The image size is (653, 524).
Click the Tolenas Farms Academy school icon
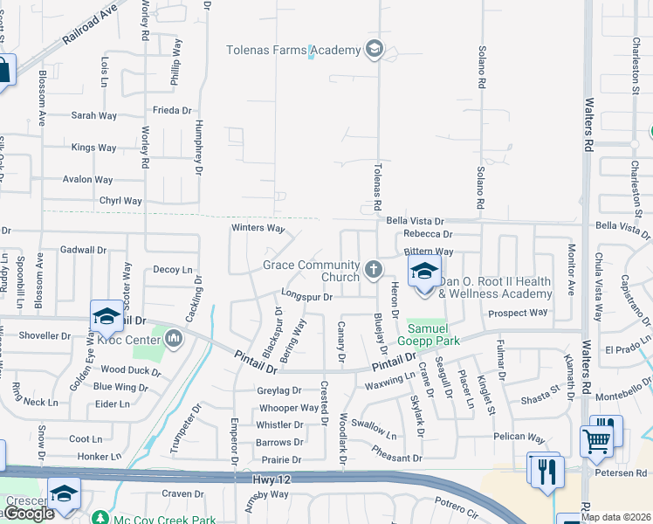coord(375,49)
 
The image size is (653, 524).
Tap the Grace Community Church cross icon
coord(374,269)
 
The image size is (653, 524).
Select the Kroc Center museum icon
coord(173,336)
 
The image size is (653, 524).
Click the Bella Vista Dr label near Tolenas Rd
coord(416,222)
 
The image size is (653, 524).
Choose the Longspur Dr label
coord(307,297)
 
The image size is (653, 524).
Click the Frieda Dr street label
coord(172,111)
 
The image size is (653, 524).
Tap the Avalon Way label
coord(87,180)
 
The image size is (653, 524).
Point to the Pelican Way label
coord(518,437)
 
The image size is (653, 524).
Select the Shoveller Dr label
coord(45,335)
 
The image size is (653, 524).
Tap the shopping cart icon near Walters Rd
coord(596,442)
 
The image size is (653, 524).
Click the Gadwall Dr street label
coord(83,250)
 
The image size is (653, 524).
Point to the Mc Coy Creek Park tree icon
coord(101,519)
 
